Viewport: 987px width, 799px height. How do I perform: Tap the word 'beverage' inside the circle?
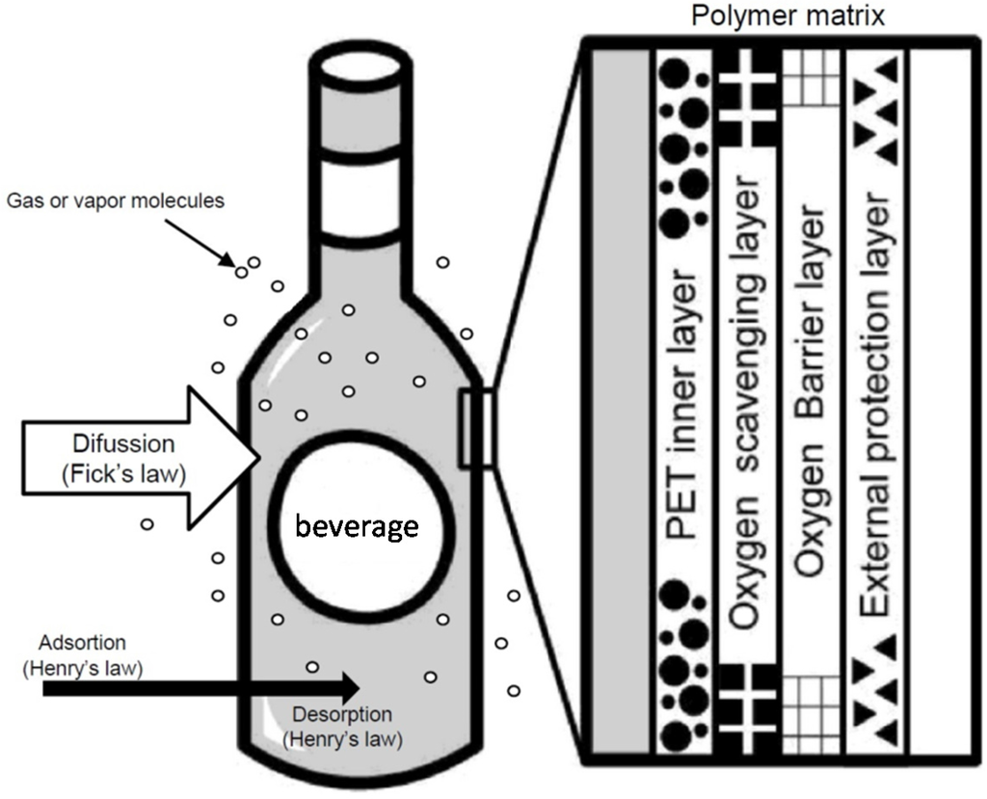tap(357, 527)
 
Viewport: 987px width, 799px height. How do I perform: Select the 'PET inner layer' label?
tap(685, 400)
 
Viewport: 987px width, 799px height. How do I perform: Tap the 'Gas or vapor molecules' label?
tap(115, 201)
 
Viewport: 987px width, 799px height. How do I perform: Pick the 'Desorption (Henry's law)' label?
tap(342, 727)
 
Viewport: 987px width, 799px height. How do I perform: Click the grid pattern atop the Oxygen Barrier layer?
tap(812, 76)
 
